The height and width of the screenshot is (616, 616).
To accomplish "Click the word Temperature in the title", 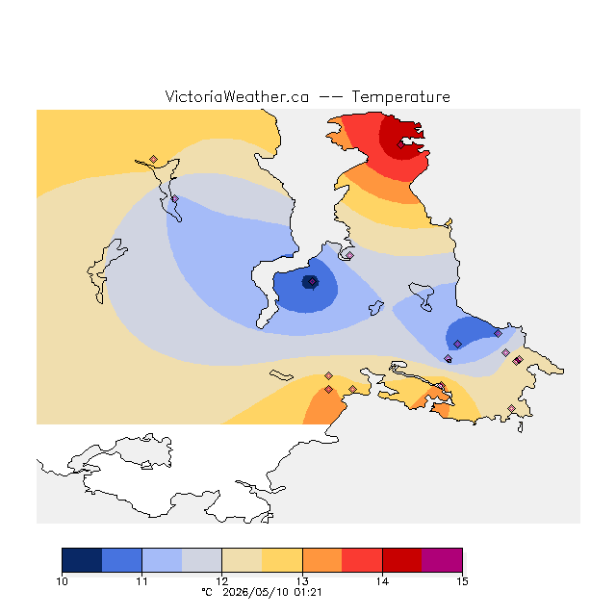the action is (x=400, y=97).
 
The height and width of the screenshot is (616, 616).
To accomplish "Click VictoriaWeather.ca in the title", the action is (x=237, y=97).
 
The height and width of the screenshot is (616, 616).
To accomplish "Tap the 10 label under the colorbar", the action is (x=62, y=581).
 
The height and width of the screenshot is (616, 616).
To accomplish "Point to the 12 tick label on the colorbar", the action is (x=222, y=581).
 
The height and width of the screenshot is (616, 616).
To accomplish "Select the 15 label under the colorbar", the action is (x=462, y=581).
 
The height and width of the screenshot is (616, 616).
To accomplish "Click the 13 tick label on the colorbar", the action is (x=302, y=581).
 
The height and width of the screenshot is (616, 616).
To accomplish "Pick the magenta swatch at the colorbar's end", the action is (x=442, y=560).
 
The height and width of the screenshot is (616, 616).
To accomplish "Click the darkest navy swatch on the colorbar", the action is (x=82, y=560).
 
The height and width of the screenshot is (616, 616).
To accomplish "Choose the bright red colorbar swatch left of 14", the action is (x=362, y=560).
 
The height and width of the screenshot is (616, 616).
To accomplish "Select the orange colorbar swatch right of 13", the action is (x=322, y=560).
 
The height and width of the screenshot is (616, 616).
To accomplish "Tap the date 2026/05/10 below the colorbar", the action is (x=256, y=593).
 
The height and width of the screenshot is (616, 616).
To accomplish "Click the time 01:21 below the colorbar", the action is (x=308, y=593).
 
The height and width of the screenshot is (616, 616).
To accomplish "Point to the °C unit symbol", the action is (x=207, y=593).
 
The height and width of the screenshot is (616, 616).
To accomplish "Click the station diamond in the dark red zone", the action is (x=400, y=145).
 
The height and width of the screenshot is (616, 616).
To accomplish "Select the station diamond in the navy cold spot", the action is (x=312, y=282).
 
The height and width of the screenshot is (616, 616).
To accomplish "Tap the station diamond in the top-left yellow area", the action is (x=154, y=159).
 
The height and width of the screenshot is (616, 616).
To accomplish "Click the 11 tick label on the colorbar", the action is (x=141, y=581).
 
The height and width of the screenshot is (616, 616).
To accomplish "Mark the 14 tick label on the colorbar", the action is (x=382, y=581).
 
